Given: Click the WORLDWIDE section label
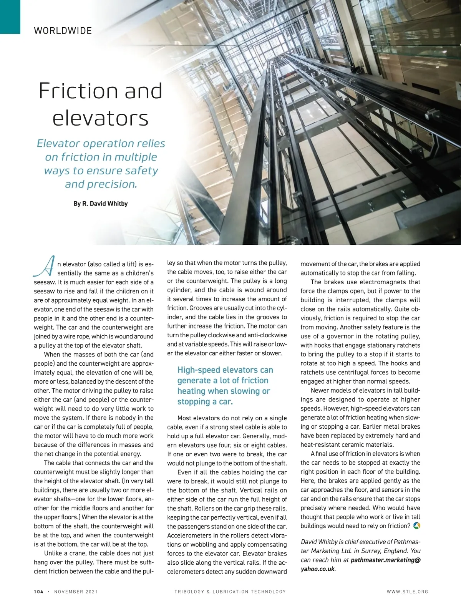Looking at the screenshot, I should (x=63, y=31).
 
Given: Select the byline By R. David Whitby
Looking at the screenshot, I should (x=100, y=204).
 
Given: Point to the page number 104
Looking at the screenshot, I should (x=38, y=592).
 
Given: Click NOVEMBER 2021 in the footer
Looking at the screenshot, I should (x=76, y=592).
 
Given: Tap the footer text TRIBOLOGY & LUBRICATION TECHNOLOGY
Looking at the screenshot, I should (x=230, y=592).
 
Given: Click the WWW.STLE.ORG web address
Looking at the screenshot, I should (x=407, y=592).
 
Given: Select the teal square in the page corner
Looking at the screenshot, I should (x=10, y=17).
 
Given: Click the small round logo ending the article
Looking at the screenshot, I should (x=416, y=525).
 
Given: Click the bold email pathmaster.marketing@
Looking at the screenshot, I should (x=386, y=560).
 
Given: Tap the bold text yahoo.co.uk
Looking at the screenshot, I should (x=318, y=569).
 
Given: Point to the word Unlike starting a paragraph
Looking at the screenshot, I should (x=56, y=553).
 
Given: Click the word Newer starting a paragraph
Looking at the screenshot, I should (x=322, y=390).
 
